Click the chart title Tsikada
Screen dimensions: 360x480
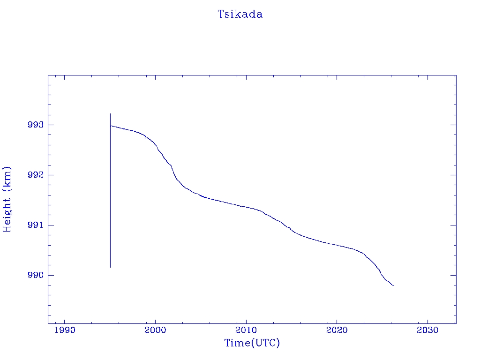click(x=240, y=15)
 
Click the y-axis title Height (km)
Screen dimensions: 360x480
click(x=7, y=199)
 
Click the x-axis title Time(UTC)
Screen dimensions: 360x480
click(x=252, y=343)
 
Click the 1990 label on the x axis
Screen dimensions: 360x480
click(x=65, y=330)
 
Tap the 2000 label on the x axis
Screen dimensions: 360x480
click(x=155, y=330)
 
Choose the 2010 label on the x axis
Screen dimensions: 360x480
click(x=246, y=330)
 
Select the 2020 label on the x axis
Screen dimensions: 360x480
click(x=337, y=330)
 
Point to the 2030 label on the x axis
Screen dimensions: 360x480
click(x=427, y=330)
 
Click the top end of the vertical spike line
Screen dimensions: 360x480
click(x=110, y=113)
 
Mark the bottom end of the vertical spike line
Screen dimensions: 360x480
click(x=110, y=267)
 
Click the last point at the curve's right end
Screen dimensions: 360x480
click(x=394, y=285)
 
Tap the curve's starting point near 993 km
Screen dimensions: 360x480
click(x=111, y=126)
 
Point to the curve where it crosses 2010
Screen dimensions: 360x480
click(x=246, y=207)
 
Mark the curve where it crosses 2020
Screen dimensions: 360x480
click(x=337, y=245)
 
